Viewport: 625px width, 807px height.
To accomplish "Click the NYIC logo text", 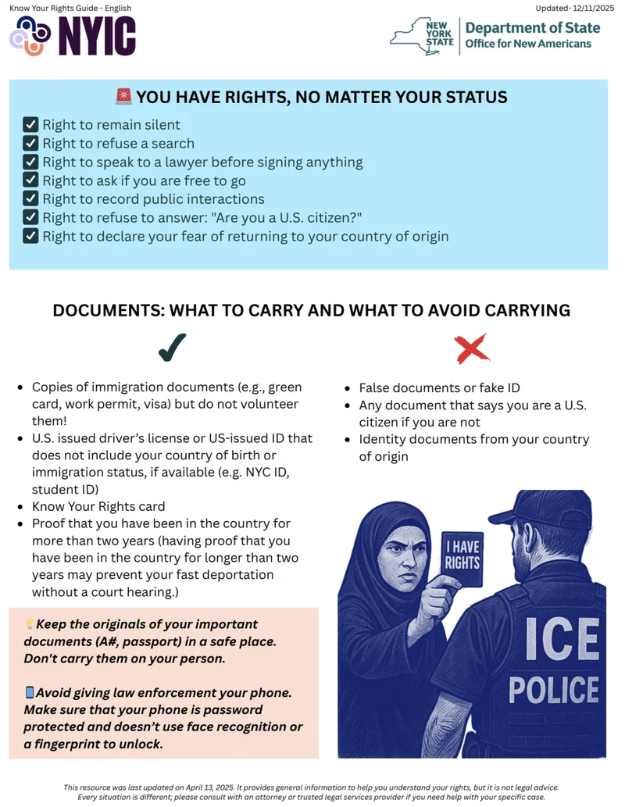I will pos(97,37).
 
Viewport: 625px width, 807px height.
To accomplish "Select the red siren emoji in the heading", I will pos(123,97).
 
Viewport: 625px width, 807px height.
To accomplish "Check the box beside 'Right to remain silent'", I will pos(30,125).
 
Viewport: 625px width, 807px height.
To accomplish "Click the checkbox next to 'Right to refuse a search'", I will pos(30,144).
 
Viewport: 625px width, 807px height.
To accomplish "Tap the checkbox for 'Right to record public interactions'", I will pos(30,199).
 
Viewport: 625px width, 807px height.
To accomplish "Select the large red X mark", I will pos(471,348).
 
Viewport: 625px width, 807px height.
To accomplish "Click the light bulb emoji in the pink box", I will pos(30,624).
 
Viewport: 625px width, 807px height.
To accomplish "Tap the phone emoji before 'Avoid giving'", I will pos(30,692).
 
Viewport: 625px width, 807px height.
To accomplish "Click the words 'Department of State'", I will pos(533,28).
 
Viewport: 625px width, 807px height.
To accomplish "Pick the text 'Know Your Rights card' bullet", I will pos(98,506).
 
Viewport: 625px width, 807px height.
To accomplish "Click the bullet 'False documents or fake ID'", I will pos(439,387).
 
